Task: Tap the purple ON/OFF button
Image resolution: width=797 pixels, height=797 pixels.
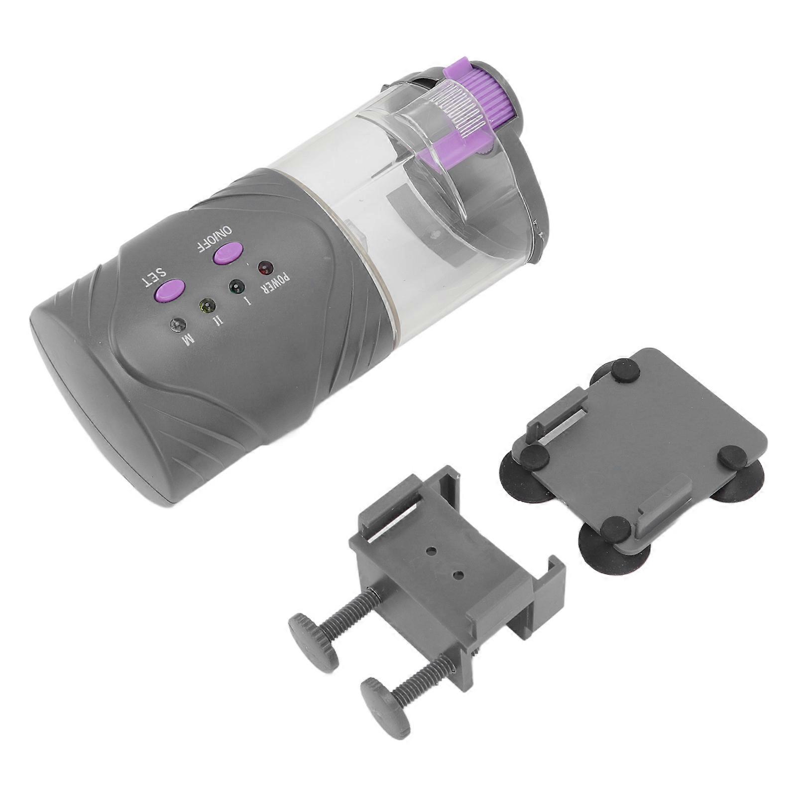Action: pyautogui.click(x=227, y=253)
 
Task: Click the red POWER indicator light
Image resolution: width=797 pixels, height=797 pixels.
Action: pyautogui.click(x=264, y=268)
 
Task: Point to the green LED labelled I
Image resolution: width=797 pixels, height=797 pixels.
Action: pyautogui.click(x=235, y=287)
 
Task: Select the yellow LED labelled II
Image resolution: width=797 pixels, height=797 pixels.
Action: pyautogui.click(x=206, y=305)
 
